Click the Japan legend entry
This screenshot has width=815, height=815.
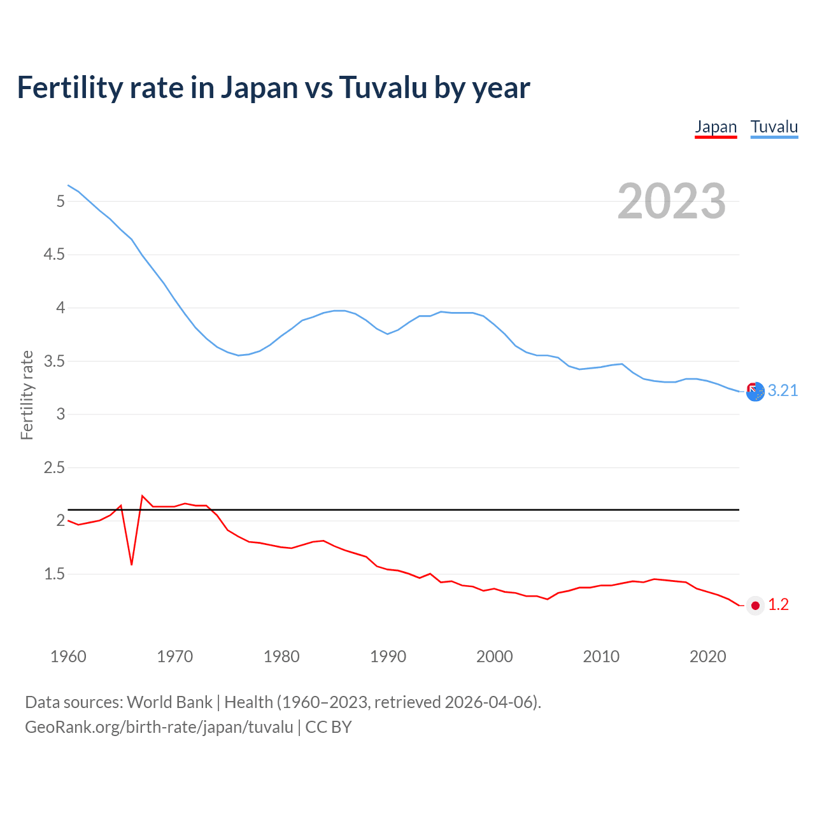716,127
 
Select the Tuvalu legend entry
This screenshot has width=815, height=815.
774,127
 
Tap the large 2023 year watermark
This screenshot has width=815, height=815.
671,201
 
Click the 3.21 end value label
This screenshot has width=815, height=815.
783,390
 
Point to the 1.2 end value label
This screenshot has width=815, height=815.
778,604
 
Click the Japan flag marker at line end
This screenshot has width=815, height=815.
755,606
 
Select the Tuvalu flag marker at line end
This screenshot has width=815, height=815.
755,392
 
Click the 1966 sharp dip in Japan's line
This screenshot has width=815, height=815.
132,564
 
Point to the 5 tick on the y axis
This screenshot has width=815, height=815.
60,201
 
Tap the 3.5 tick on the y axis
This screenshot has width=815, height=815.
54,361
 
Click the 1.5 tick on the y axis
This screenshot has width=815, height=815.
54,574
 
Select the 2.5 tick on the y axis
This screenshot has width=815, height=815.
54,467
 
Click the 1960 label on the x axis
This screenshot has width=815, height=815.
68,656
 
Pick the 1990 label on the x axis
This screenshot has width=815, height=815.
388,656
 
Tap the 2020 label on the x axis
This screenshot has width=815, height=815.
707,656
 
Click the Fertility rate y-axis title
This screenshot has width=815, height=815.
27,395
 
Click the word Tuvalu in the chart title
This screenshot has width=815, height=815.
383,87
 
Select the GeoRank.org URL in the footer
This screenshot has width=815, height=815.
159,726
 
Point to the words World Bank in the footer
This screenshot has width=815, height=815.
169,702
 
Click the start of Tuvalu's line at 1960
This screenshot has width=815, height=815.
68,185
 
